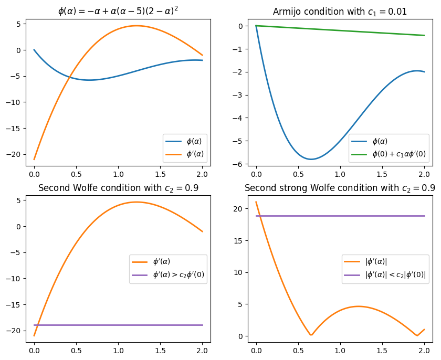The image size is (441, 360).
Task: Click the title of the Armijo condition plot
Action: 340,12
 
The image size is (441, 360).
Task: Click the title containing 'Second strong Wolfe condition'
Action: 340,188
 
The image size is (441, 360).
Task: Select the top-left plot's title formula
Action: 118,11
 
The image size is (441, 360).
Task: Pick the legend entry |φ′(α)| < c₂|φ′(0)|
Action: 395,274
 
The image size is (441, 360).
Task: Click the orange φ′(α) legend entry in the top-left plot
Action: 194,154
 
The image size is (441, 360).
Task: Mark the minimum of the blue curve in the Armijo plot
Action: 311,159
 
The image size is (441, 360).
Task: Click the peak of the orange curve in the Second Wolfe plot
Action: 136,202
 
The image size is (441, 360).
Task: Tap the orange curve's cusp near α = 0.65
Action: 311,335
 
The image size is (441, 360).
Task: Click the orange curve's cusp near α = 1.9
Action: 417,335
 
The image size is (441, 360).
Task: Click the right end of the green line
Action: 424,35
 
